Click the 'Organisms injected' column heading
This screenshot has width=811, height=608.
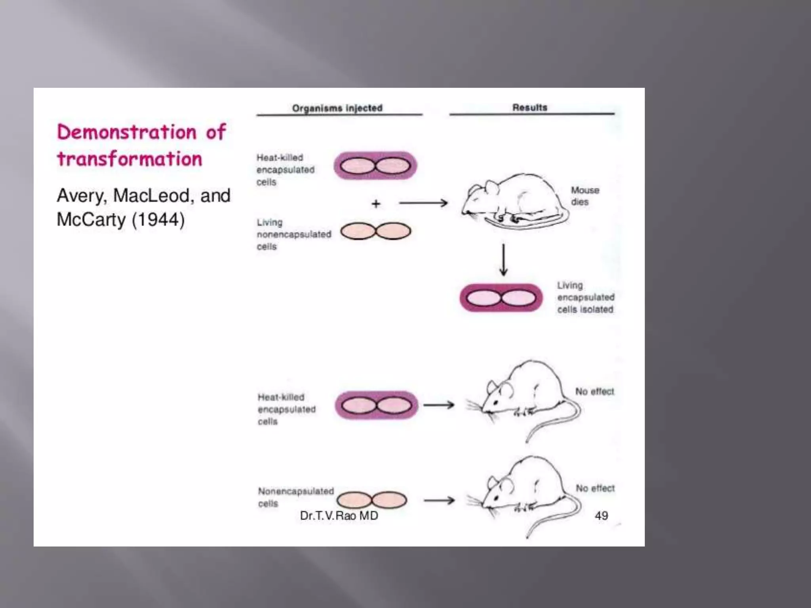[337, 108]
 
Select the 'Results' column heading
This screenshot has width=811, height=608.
[530, 108]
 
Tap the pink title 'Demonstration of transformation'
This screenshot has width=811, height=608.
[141, 145]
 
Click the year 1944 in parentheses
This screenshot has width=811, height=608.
[158, 220]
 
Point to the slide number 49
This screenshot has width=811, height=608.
[601, 515]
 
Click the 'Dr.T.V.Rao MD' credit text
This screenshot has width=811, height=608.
[339, 515]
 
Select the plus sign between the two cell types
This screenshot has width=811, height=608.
[376, 204]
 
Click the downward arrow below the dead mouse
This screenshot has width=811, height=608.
[503, 260]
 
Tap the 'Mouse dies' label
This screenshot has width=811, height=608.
[584, 196]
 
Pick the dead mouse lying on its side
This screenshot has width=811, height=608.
[515, 202]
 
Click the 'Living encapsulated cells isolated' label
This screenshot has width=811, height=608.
[585, 297]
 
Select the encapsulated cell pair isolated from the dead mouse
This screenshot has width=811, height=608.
[501, 298]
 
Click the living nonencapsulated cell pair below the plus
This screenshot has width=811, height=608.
[375, 231]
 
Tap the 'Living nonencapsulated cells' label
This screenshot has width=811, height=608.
[293, 234]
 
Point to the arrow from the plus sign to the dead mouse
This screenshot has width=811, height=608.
[423, 203]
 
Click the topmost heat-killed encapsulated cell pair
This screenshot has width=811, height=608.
[375, 165]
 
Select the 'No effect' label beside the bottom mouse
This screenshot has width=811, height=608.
[595, 488]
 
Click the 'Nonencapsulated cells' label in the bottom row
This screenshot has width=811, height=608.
[295, 497]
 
